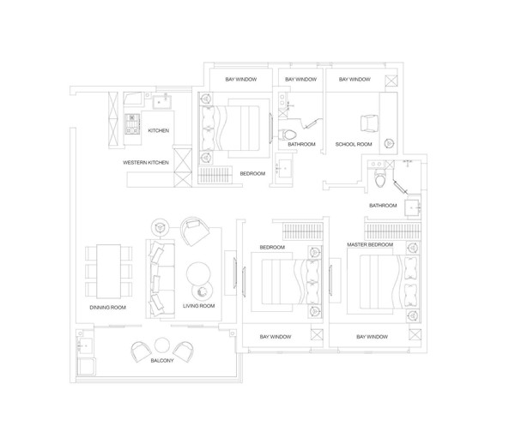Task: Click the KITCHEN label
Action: click(158, 130)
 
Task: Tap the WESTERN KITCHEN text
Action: click(146, 163)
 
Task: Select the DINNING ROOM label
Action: click(108, 308)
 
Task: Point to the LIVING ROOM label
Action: click(199, 306)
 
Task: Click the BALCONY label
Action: click(162, 361)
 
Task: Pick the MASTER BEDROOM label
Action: click(370, 244)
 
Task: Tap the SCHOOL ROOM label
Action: click(354, 144)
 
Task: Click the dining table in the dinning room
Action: click(109, 271)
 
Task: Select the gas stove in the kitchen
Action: click(132, 124)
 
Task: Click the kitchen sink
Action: click(161, 101)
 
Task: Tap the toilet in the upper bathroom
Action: click(288, 135)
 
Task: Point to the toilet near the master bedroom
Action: click(380, 178)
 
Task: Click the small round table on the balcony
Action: click(162, 345)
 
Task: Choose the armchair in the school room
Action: click(369, 124)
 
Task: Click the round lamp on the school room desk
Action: click(389, 143)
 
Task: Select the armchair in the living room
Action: click(195, 231)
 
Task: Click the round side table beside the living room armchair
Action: click(161, 226)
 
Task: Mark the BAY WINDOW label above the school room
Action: click(354, 80)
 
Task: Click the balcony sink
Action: click(85, 345)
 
